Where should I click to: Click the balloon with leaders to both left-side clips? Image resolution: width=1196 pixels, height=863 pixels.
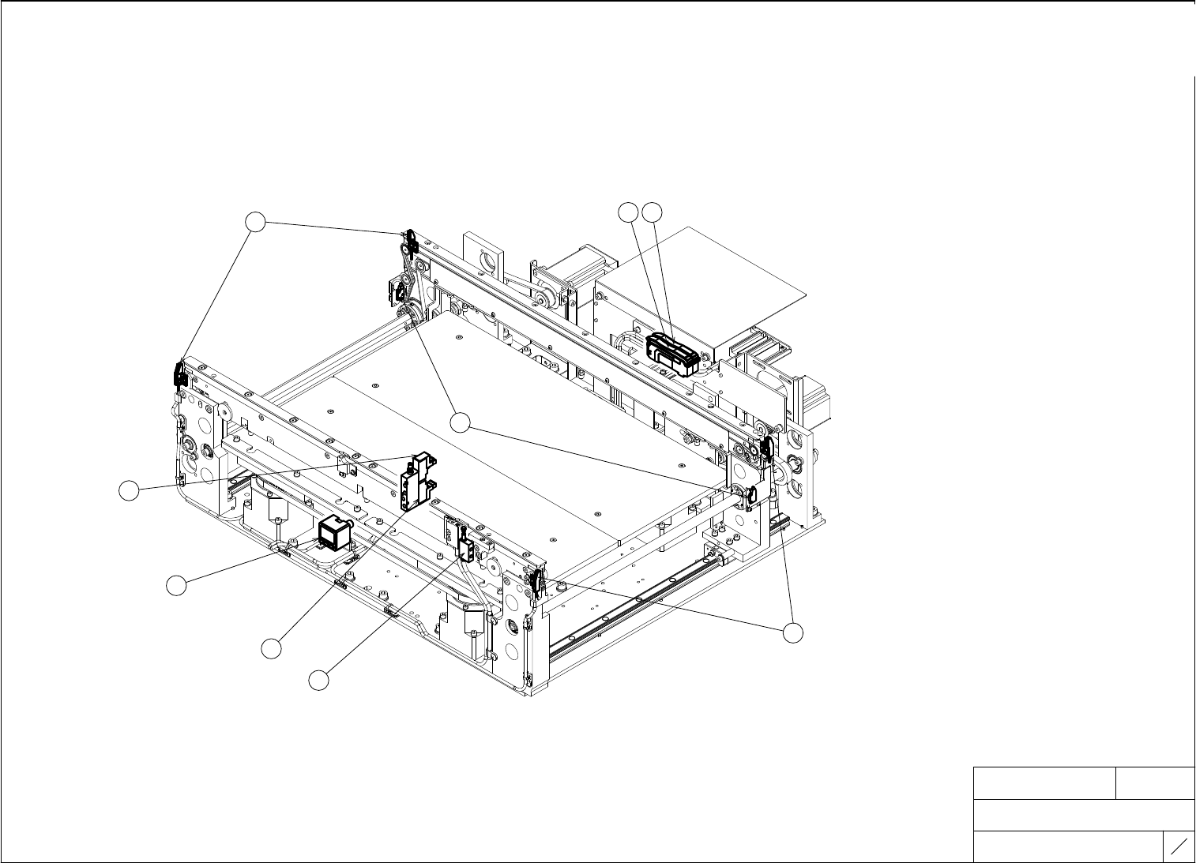(255, 223)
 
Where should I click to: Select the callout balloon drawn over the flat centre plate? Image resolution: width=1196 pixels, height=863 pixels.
(462, 422)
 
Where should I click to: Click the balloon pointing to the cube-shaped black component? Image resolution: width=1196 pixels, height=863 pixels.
(176, 585)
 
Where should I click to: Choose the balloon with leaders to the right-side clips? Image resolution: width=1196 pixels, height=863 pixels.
(793, 632)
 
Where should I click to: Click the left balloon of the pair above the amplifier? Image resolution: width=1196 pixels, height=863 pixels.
(627, 212)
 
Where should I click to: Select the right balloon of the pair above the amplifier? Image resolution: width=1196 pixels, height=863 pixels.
(652, 212)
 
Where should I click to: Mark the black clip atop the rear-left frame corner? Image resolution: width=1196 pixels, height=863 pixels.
(411, 240)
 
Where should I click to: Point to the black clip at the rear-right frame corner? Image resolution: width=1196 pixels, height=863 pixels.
(765, 449)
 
